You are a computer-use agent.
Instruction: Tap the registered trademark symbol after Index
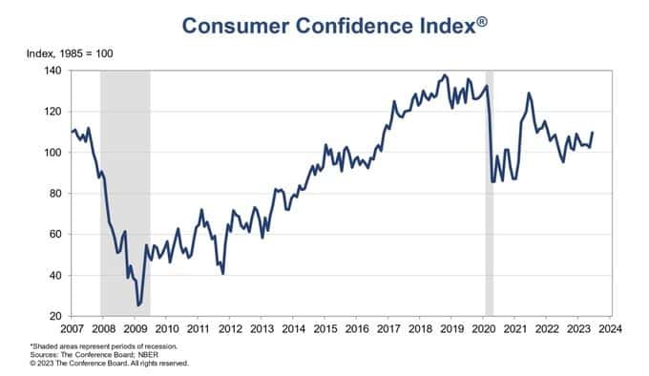click(x=482, y=22)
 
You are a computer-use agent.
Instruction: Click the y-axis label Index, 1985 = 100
click(x=70, y=53)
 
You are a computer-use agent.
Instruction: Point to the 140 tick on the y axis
click(x=52, y=71)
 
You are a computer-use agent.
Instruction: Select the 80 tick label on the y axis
click(x=55, y=193)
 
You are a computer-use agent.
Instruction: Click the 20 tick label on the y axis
click(x=55, y=316)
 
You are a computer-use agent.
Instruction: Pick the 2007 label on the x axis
click(x=72, y=329)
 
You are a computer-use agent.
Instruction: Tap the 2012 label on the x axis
click(x=230, y=329)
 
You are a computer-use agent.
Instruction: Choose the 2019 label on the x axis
click(x=452, y=329)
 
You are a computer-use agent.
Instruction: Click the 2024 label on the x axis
click(x=610, y=329)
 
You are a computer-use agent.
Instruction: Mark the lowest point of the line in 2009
click(x=137, y=305)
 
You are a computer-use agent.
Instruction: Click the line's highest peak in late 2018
click(x=445, y=74)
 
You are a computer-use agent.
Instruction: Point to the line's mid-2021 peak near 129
click(x=528, y=93)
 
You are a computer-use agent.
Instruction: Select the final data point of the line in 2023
click(x=593, y=133)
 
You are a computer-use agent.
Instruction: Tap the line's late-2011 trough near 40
click(x=223, y=274)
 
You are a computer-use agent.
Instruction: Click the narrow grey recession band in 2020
click(x=490, y=193)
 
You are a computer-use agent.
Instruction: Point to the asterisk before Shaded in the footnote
click(x=31, y=345)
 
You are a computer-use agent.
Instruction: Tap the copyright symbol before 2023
click(x=32, y=364)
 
